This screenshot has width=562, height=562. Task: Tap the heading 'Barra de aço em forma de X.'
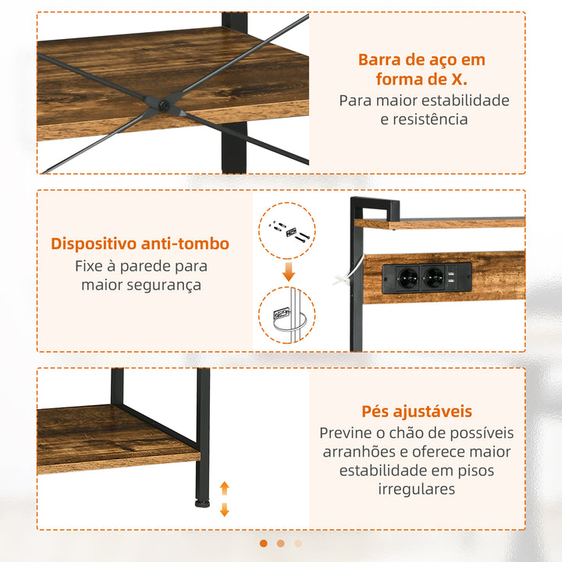pyautogui.click(x=421, y=69)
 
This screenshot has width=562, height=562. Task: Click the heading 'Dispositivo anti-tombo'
pyautogui.click(x=140, y=243)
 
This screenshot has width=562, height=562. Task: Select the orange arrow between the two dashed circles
pyautogui.click(x=288, y=272)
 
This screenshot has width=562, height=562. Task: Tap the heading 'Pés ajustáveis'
pyautogui.click(x=417, y=411)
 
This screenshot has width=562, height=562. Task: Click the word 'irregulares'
pyautogui.click(x=417, y=489)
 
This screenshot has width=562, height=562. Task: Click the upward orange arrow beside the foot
pyautogui.click(x=225, y=489)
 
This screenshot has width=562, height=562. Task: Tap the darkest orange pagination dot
pyautogui.click(x=263, y=543)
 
